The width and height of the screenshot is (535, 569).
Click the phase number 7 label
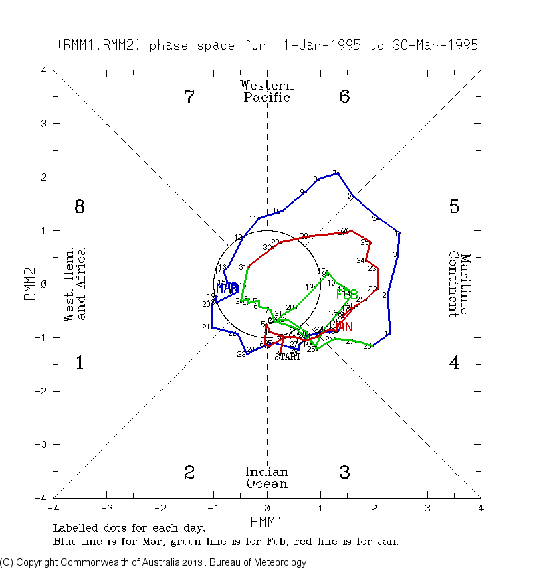[189, 97]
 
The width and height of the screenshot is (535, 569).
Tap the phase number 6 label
[344, 97]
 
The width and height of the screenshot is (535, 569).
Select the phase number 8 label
[79, 207]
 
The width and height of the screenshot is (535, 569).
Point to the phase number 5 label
[454, 207]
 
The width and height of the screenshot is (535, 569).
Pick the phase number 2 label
[189, 473]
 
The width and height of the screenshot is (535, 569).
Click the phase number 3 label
[344, 473]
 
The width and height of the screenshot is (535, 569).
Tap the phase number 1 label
[79, 363]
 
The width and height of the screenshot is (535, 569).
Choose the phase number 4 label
[454, 363]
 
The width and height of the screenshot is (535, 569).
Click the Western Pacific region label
[267, 91]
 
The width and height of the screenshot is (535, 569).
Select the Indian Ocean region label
[267, 478]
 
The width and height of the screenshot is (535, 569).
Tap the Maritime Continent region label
[459, 284]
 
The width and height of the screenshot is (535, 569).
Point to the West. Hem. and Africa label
[74, 284]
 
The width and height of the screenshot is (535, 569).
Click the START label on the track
[288, 357]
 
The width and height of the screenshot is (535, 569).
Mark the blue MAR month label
[227, 289]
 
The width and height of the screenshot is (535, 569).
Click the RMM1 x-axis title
[267, 521]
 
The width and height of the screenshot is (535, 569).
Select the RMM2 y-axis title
[29, 284]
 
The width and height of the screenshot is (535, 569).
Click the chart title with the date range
[267, 46]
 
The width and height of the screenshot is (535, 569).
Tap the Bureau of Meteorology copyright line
[153, 562]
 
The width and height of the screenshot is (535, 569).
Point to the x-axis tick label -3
[106, 507]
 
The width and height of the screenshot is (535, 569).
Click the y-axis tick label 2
[43, 177]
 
